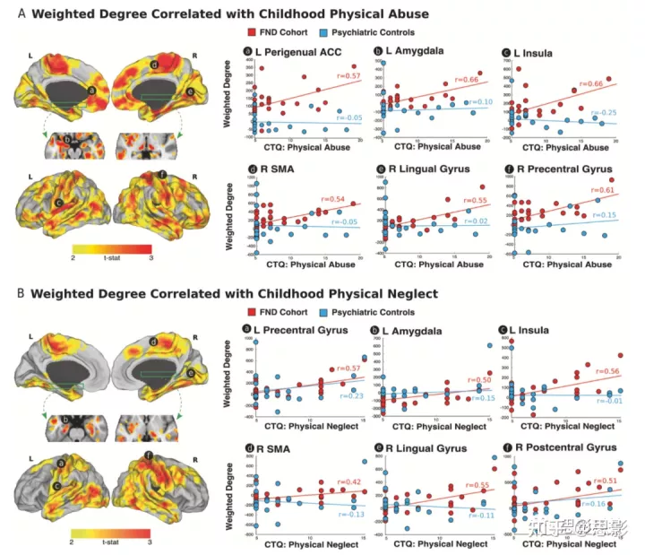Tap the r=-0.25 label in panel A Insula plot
click(x=610, y=112)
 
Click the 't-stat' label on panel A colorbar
click(x=110, y=256)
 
